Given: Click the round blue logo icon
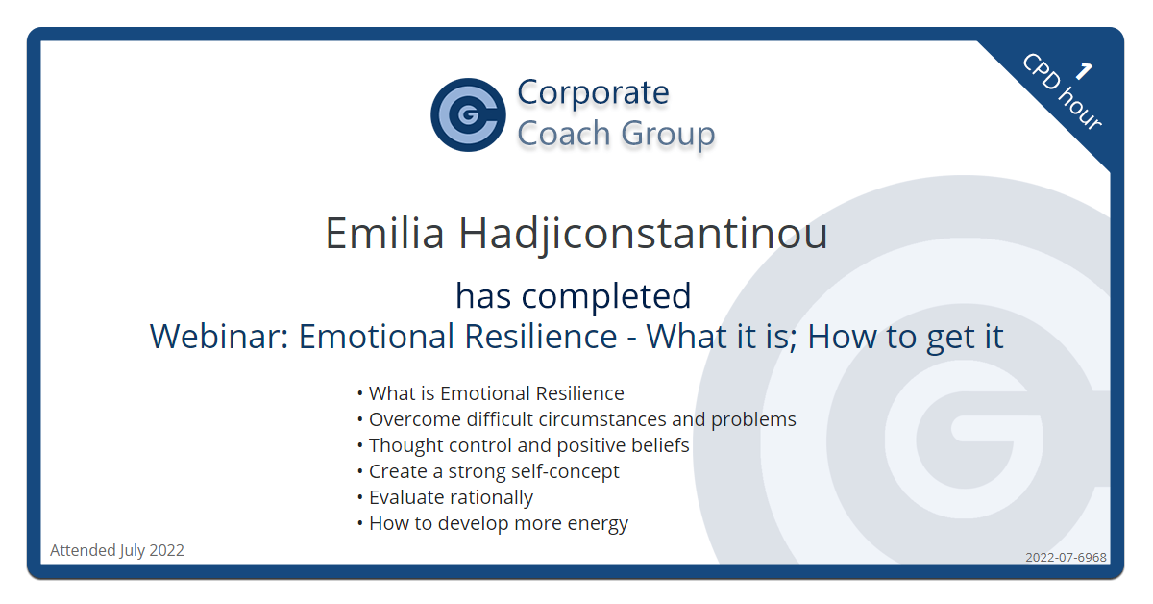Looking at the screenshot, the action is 468,114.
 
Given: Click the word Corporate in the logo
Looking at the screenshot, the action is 593,92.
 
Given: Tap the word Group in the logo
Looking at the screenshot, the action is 668,134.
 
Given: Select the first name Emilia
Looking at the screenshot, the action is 384,233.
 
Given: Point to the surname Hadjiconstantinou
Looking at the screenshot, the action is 643,235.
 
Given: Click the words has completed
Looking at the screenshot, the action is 574,296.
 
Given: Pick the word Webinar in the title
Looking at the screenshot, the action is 219,336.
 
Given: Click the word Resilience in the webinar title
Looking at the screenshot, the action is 540,336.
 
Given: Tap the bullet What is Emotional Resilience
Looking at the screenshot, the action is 491,393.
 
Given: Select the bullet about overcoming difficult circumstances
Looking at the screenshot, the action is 576,419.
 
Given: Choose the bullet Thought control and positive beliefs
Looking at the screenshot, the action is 523,445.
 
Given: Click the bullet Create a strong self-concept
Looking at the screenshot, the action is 488,471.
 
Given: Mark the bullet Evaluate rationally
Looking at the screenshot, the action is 445,497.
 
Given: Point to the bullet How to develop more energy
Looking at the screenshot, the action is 493,523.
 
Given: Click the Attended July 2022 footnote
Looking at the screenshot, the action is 117,550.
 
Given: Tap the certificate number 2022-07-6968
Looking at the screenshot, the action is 1066,557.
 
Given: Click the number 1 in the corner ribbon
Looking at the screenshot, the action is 1084,71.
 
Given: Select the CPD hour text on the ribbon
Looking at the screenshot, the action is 1061,92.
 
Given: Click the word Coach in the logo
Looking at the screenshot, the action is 564,134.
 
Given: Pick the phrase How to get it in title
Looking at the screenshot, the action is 905,337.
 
